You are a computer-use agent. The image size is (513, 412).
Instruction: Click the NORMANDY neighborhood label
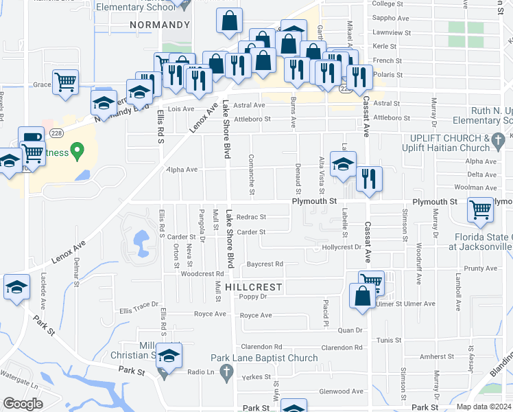pyautogui.click(x=159, y=25)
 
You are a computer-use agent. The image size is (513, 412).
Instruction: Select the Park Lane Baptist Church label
pyautogui.click(x=264, y=358)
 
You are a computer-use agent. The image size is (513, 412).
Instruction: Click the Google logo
pyautogui.click(x=23, y=403)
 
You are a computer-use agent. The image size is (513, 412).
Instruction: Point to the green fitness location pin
pyautogui.click(x=77, y=149)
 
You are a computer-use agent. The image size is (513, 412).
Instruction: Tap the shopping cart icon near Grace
pyautogui.click(x=65, y=83)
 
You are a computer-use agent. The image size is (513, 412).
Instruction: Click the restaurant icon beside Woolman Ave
pyautogui.click(x=369, y=179)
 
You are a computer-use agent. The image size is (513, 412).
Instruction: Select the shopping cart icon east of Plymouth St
pyautogui.click(x=480, y=210)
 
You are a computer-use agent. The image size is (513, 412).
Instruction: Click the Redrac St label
pyautogui.click(x=250, y=217)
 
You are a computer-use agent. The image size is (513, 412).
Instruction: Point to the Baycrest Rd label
pyautogui.click(x=265, y=264)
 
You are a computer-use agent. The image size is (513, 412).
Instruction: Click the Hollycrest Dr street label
pyautogui.click(x=341, y=247)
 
